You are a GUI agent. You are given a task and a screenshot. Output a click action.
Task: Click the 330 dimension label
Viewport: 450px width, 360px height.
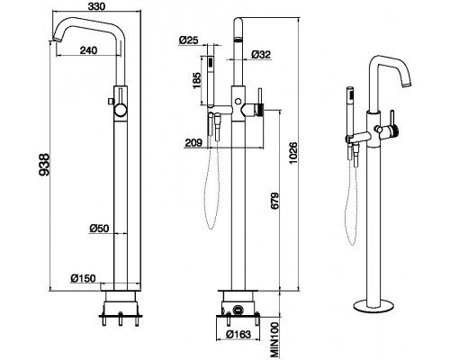[97, 6]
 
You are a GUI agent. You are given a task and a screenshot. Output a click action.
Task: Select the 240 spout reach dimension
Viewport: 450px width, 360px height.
[88, 50]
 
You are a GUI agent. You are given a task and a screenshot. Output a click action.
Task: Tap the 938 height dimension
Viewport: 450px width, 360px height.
[44, 165]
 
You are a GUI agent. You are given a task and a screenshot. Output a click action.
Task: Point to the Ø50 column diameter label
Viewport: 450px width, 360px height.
[99, 229]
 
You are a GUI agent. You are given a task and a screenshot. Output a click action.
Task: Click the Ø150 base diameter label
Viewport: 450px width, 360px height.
[83, 278]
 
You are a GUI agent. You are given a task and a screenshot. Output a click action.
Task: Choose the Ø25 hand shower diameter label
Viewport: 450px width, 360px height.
[189, 40]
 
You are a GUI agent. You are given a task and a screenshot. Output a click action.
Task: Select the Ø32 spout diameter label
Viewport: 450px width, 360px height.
[261, 54]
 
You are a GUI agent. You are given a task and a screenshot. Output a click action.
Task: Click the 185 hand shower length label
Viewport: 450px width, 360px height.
[197, 80]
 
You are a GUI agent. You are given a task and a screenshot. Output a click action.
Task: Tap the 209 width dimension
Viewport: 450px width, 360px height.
[193, 143]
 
